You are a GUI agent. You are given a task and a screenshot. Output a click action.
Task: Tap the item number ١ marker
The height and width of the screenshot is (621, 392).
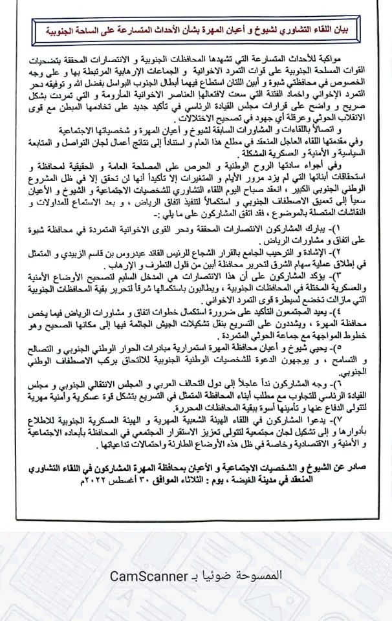tap(371, 230)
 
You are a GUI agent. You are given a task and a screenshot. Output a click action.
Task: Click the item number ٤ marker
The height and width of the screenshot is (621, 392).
tap(371, 314)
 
